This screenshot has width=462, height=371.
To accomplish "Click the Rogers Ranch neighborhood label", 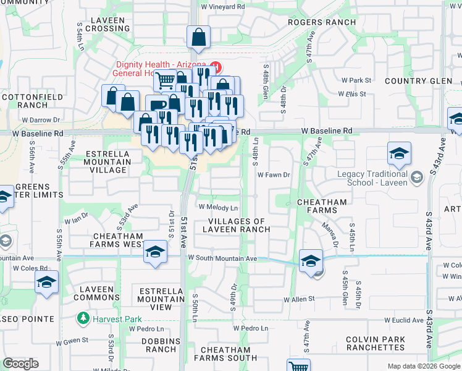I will point(322,22).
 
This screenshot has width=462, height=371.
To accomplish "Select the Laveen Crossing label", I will point(109,24).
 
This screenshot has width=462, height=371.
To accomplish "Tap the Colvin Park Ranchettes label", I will point(376,343).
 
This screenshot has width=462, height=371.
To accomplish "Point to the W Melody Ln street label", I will point(217,207).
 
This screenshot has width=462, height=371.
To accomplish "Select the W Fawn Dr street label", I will point(274,175).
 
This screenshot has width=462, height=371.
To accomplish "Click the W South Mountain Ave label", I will point(222,258).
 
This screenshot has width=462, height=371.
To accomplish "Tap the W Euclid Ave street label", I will point(405,320).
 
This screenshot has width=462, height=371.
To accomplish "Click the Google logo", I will point(20,364).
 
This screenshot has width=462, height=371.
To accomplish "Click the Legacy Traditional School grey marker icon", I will point(418,177).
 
